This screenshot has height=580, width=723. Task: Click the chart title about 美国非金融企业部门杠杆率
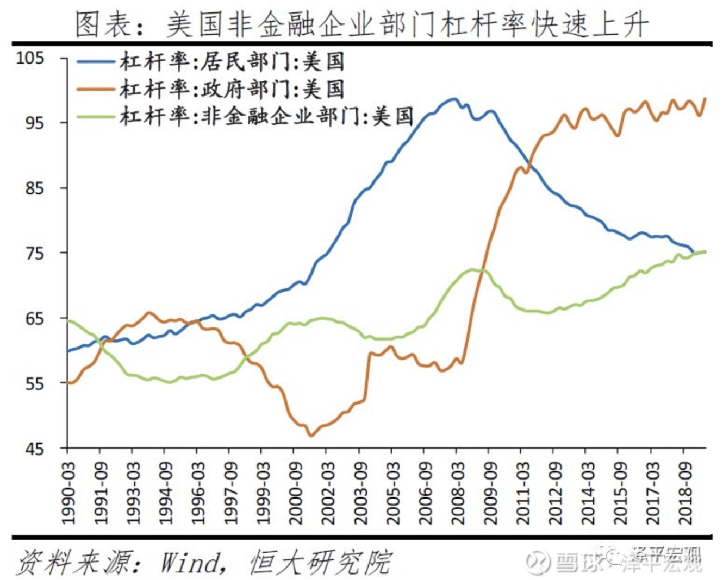361,24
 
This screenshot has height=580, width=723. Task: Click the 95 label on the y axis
34,123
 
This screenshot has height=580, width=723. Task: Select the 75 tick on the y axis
34,253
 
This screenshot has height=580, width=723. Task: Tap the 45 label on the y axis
34,449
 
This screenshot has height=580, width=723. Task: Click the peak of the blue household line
453,99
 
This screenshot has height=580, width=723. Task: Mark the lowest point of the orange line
310,436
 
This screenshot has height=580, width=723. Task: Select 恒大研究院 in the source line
321,562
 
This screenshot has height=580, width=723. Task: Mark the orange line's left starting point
68,383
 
